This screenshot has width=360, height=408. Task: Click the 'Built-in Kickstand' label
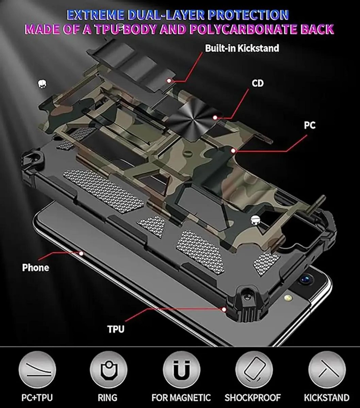(x=242, y=48)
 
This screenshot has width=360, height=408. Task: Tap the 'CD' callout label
(x=257, y=83)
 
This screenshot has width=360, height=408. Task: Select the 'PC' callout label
(x=310, y=125)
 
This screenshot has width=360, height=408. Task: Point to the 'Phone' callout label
(x=36, y=268)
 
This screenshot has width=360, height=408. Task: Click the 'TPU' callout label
(x=116, y=329)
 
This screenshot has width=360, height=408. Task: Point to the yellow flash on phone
(x=288, y=298)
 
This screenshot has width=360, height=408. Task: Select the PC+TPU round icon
(x=37, y=370)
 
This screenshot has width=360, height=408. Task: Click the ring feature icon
(x=108, y=370)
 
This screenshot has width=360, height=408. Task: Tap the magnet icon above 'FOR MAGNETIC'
(x=181, y=370)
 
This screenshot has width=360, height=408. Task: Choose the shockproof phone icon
(x=254, y=370)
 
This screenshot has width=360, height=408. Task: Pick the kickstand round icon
(x=327, y=370)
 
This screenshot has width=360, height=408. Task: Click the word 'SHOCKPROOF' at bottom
(x=253, y=398)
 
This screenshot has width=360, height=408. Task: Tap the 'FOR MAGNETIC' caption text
(x=181, y=398)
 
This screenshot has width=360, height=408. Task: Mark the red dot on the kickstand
(x=169, y=81)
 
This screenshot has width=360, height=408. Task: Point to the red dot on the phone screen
(x=81, y=253)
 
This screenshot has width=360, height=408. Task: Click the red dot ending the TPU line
(x=224, y=309)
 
